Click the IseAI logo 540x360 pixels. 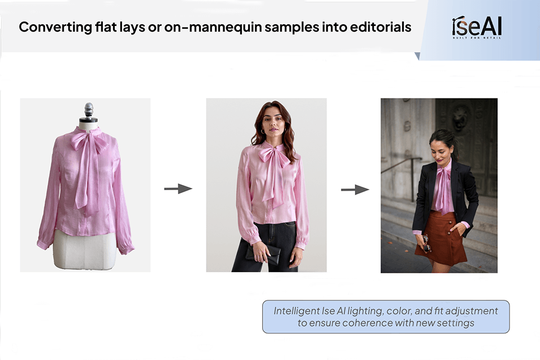tap(476, 27)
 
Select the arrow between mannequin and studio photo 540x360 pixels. tap(178, 189)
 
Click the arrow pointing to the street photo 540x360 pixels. tap(355, 190)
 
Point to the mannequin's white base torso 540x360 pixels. tap(85, 250)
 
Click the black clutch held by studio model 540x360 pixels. tap(263, 254)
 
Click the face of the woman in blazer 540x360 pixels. tap(440, 148)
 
